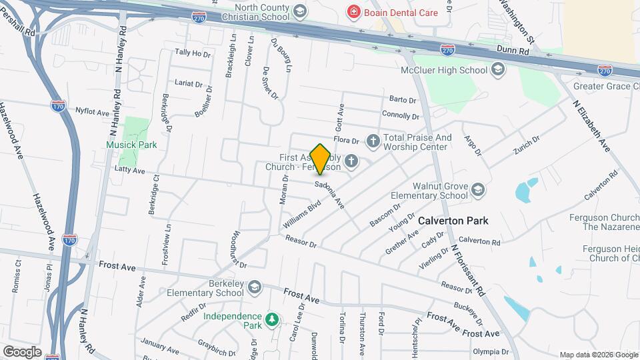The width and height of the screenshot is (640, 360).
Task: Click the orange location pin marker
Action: [x=321, y=159]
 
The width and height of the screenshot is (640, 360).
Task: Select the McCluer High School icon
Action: [x=497, y=69]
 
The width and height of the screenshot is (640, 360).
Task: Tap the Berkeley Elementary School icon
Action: [x=253, y=287]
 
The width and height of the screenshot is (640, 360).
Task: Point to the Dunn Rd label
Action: [x=511, y=49]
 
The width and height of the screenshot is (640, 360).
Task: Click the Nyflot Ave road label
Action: [x=91, y=112]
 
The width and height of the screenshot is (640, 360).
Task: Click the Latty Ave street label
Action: [x=129, y=171]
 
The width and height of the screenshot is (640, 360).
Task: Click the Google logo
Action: [x=22, y=351]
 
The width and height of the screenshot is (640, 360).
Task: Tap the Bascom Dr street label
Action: [x=385, y=215]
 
